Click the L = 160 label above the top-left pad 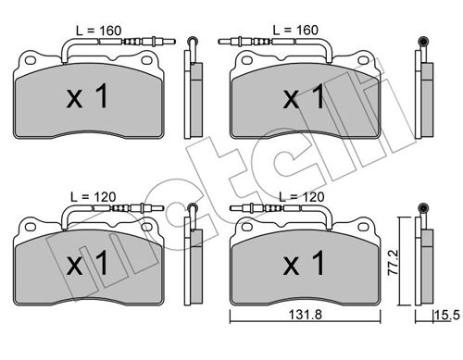[99, 31]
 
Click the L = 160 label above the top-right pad [295, 30]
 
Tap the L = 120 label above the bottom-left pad [94, 197]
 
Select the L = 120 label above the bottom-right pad [302, 197]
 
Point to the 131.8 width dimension [306, 315]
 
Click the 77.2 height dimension [394, 263]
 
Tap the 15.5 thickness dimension [447, 316]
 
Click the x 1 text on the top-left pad [87, 96]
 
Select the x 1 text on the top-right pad [304, 96]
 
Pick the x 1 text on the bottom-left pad [87, 263]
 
